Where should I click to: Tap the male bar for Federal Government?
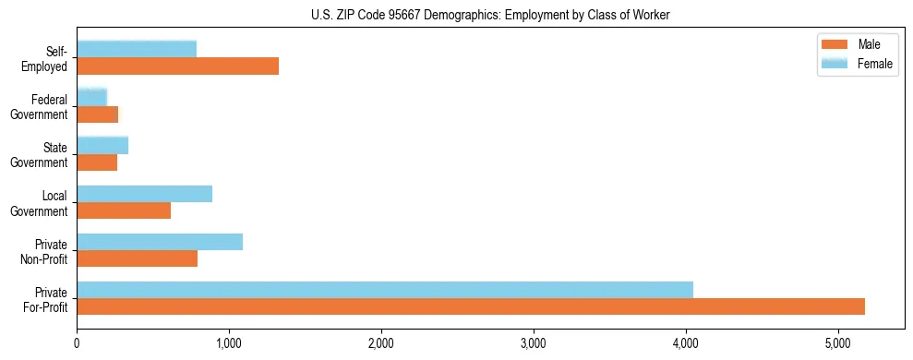[x=97, y=114]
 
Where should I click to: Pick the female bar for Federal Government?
[x=91, y=97]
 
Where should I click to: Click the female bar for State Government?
[x=102, y=145]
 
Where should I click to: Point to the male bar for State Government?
[x=97, y=162]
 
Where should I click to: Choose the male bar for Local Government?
[x=124, y=210]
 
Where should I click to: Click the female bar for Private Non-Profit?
[x=160, y=242]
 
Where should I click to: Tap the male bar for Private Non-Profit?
[x=137, y=259]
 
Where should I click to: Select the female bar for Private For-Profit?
[x=384, y=290]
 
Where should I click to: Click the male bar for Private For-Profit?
[x=470, y=307]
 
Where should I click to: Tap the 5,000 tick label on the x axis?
[x=837, y=344]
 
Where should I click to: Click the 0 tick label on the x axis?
[x=77, y=344]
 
